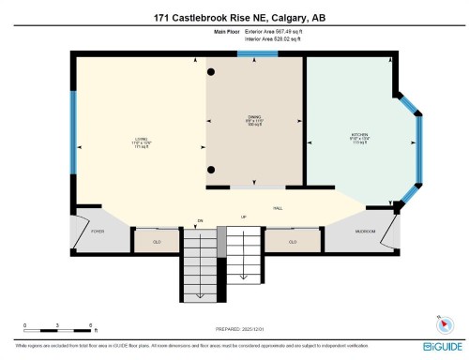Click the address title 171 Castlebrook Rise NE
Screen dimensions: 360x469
[x=234, y=17]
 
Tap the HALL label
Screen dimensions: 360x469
[x=279, y=208]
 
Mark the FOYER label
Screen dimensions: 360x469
[x=97, y=231]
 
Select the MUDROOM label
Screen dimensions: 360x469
[x=365, y=231]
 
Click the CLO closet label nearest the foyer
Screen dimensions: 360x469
[x=159, y=242]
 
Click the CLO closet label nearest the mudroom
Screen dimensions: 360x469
[x=293, y=242]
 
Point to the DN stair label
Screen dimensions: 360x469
[x=199, y=221]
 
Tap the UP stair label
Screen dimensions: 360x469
[x=244, y=217]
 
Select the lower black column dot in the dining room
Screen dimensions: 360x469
[x=213, y=170]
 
